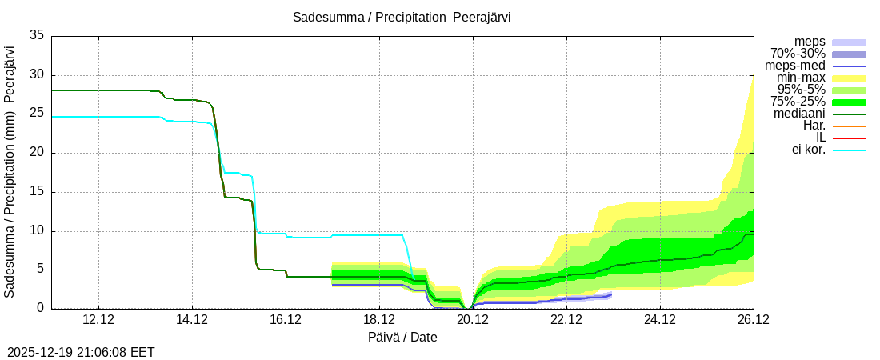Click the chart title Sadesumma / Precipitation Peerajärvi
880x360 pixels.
tap(402, 17)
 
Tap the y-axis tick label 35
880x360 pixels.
tap(37, 36)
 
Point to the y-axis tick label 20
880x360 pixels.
tap(37, 153)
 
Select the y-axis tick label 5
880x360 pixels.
tap(41, 270)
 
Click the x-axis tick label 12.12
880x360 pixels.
tap(98, 320)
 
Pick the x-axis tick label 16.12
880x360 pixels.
tap(286, 320)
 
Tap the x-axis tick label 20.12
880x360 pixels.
tap(472, 320)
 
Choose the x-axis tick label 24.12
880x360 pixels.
tap(659, 320)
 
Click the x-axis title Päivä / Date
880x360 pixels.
tap(402, 337)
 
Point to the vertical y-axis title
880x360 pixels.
tap(10, 172)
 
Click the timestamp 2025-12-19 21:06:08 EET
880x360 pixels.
tap(81, 352)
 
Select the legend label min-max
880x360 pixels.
tap(801, 78)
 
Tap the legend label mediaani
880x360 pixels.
tap(798, 114)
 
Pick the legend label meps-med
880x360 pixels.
tap(795, 66)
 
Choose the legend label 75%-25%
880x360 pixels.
tap(798, 102)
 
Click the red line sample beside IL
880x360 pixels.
tap(849, 138)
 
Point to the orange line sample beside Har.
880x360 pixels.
tap(849, 126)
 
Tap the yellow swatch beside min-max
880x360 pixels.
tap(849, 78)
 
